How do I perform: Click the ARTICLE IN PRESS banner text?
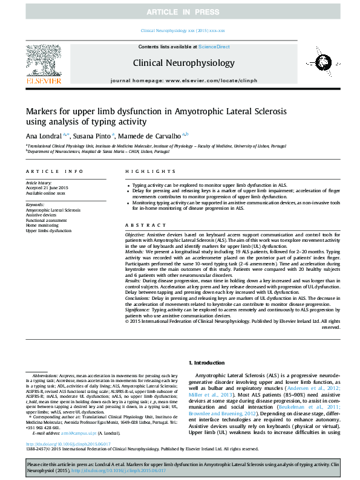[180, 12]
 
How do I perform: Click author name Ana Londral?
[42, 136]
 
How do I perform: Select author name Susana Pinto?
[91, 136]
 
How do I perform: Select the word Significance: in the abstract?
[140, 308]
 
